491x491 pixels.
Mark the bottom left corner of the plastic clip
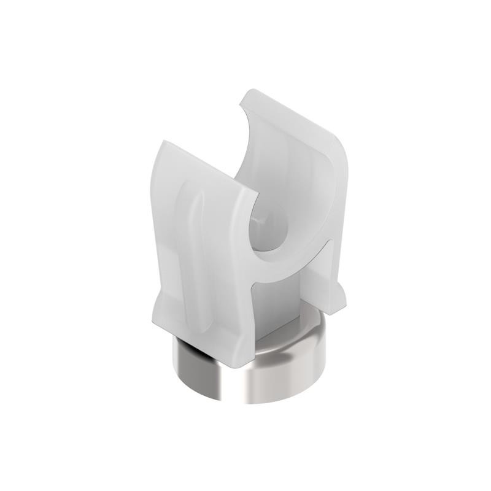coord(150,322)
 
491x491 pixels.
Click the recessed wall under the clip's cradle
coord(279,301)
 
